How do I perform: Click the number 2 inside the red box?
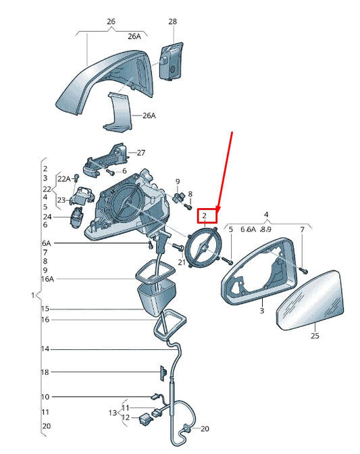(204, 216)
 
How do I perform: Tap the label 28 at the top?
(172, 22)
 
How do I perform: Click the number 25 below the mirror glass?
(315, 335)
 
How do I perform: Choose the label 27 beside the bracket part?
(141, 153)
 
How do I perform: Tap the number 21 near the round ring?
(181, 262)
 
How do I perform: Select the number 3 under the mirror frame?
(262, 311)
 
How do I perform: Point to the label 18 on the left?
(45, 372)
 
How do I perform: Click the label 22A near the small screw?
(63, 178)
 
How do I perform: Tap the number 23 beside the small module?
(61, 200)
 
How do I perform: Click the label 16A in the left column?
(47, 278)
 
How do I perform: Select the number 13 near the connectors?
(113, 412)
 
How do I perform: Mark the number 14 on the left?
(45, 349)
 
